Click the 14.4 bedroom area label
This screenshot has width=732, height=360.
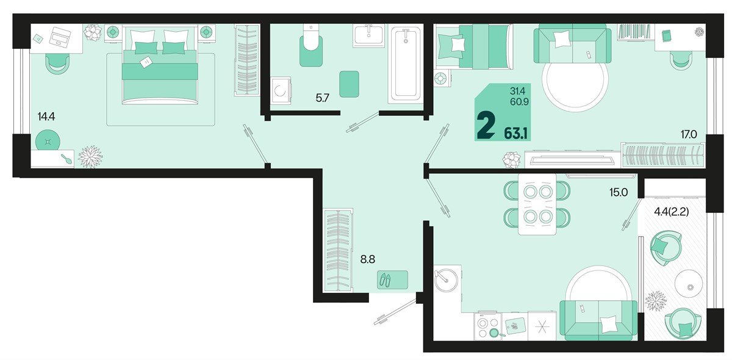(x=46, y=117)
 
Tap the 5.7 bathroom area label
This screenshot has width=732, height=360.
(x=322, y=98)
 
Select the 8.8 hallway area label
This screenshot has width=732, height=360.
(x=368, y=259)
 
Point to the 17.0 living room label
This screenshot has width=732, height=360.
(x=689, y=134)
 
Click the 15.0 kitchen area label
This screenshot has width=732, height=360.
(x=619, y=192)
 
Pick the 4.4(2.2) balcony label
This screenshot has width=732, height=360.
(x=671, y=212)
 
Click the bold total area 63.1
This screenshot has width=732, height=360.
(x=515, y=134)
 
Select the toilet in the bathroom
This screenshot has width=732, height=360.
(x=311, y=45)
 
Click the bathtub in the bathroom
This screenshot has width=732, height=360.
(x=406, y=63)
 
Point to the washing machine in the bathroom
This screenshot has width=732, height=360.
(x=281, y=90)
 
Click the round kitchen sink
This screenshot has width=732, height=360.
(x=446, y=280)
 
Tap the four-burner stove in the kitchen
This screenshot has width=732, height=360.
(x=488, y=326)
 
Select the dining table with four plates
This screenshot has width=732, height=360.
(x=537, y=204)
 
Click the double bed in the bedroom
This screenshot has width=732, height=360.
(x=160, y=65)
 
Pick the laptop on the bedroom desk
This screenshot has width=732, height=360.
(x=60, y=37)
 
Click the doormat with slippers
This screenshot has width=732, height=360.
(x=392, y=280)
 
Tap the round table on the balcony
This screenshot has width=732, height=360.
(x=689, y=284)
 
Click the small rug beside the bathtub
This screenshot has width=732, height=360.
(x=349, y=84)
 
